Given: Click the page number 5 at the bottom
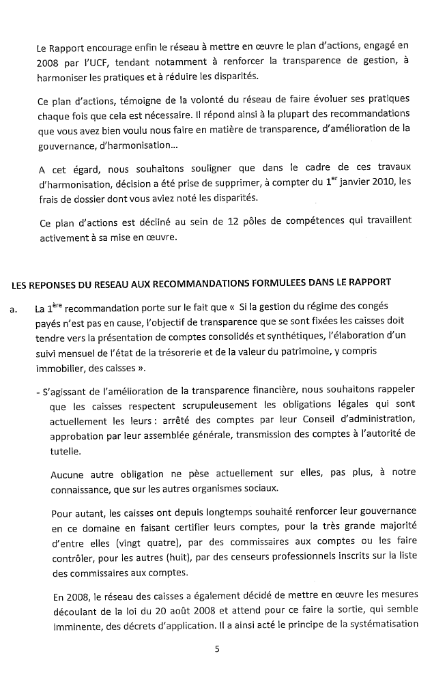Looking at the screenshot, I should coord(217,649).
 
